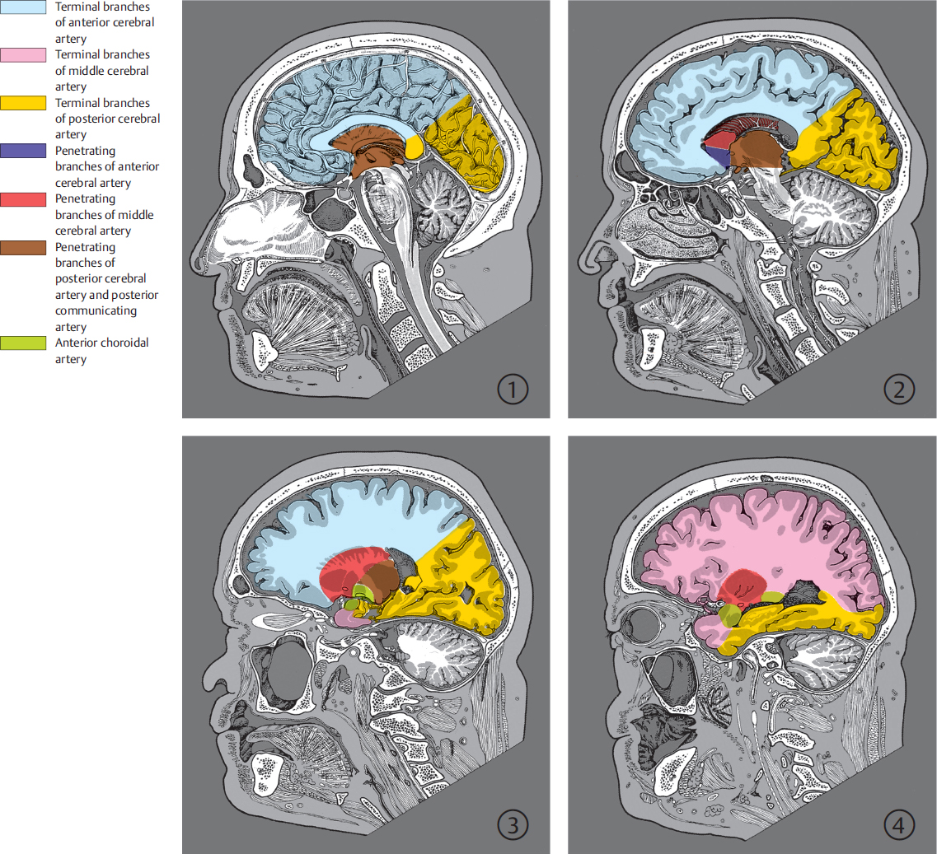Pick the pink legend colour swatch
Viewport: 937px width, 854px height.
click(x=23, y=55)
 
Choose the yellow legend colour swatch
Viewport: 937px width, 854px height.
click(x=23, y=104)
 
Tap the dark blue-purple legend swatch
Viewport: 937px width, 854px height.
click(x=23, y=152)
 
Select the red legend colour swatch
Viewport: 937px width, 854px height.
click(x=23, y=199)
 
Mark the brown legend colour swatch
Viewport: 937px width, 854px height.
click(x=23, y=248)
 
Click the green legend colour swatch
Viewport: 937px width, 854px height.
click(x=23, y=343)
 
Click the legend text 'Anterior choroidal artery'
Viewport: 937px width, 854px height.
click(x=101, y=351)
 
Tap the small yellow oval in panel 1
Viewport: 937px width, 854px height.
click(x=415, y=147)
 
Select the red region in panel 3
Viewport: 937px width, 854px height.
click(x=346, y=570)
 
